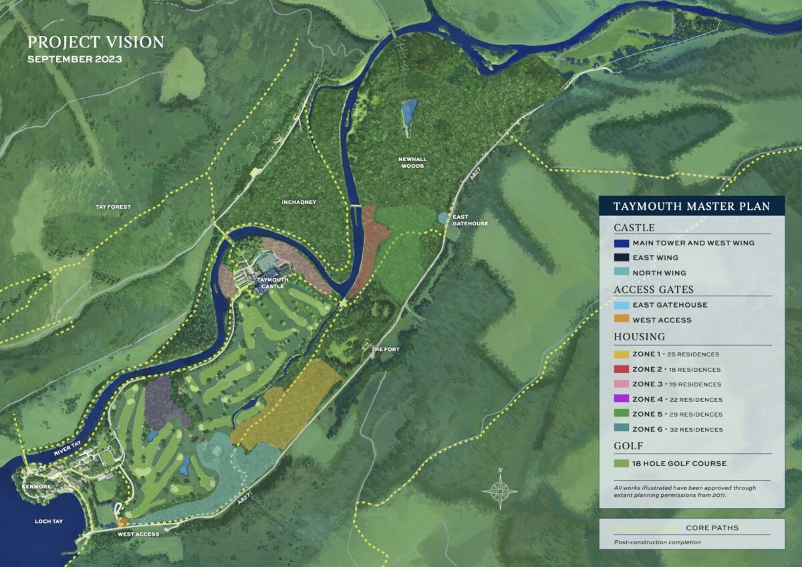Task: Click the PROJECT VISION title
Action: pos(96,42)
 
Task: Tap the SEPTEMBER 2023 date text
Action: pos(74,59)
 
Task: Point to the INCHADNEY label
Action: pos(299,201)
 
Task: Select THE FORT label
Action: pos(385,349)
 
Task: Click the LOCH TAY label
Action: pos(49,521)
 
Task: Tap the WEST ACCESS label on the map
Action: pos(138,534)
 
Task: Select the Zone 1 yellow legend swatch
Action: pos(621,354)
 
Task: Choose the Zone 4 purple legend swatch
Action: pos(621,399)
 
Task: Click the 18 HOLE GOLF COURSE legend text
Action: pos(679,463)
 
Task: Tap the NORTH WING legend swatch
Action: pos(621,273)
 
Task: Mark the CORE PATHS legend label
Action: pos(712,528)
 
